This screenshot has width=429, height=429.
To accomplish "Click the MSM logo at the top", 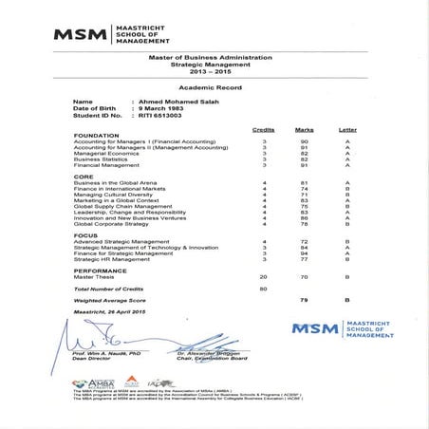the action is coord(111,34).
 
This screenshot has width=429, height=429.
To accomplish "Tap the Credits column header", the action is coord(264,129).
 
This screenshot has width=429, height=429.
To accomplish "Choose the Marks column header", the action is coord(304,129).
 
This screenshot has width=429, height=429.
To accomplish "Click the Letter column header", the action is coord(347,129).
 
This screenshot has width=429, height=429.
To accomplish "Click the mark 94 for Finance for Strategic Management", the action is coord(305,253).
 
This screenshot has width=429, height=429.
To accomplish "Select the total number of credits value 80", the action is coord(264,287).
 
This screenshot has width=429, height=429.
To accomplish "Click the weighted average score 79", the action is coord(305,299).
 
